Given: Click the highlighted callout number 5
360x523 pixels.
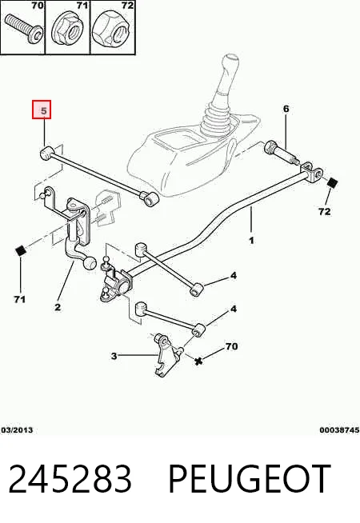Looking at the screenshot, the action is click(x=44, y=110).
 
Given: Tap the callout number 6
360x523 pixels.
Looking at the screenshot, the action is click(x=286, y=109).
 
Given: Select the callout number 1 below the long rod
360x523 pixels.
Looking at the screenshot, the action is click(x=251, y=240).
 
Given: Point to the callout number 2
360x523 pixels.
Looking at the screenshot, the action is click(x=58, y=307).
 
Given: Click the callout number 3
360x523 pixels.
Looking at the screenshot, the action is click(x=114, y=356).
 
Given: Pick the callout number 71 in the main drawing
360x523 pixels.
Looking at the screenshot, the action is click(x=20, y=300).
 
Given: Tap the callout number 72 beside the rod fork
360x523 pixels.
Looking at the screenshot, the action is click(x=324, y=211).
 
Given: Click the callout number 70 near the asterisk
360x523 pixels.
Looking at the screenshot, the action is click(x=231, y=346).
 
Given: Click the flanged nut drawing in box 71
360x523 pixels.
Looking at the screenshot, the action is click(x=68, y=30).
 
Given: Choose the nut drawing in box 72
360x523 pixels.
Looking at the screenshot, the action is click(x=113, y=30).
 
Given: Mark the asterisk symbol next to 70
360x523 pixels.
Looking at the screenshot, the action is click(x=198, y=361).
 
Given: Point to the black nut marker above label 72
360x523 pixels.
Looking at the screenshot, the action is click(x=333, y=183).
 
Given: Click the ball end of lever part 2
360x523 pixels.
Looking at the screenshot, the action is click(x=90, y=264).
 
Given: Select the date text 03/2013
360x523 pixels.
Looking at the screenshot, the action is click(x=17, y=430).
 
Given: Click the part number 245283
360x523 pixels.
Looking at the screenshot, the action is click(x=70, y=479).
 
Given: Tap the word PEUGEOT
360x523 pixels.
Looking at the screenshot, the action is click(x=250, y=479).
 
